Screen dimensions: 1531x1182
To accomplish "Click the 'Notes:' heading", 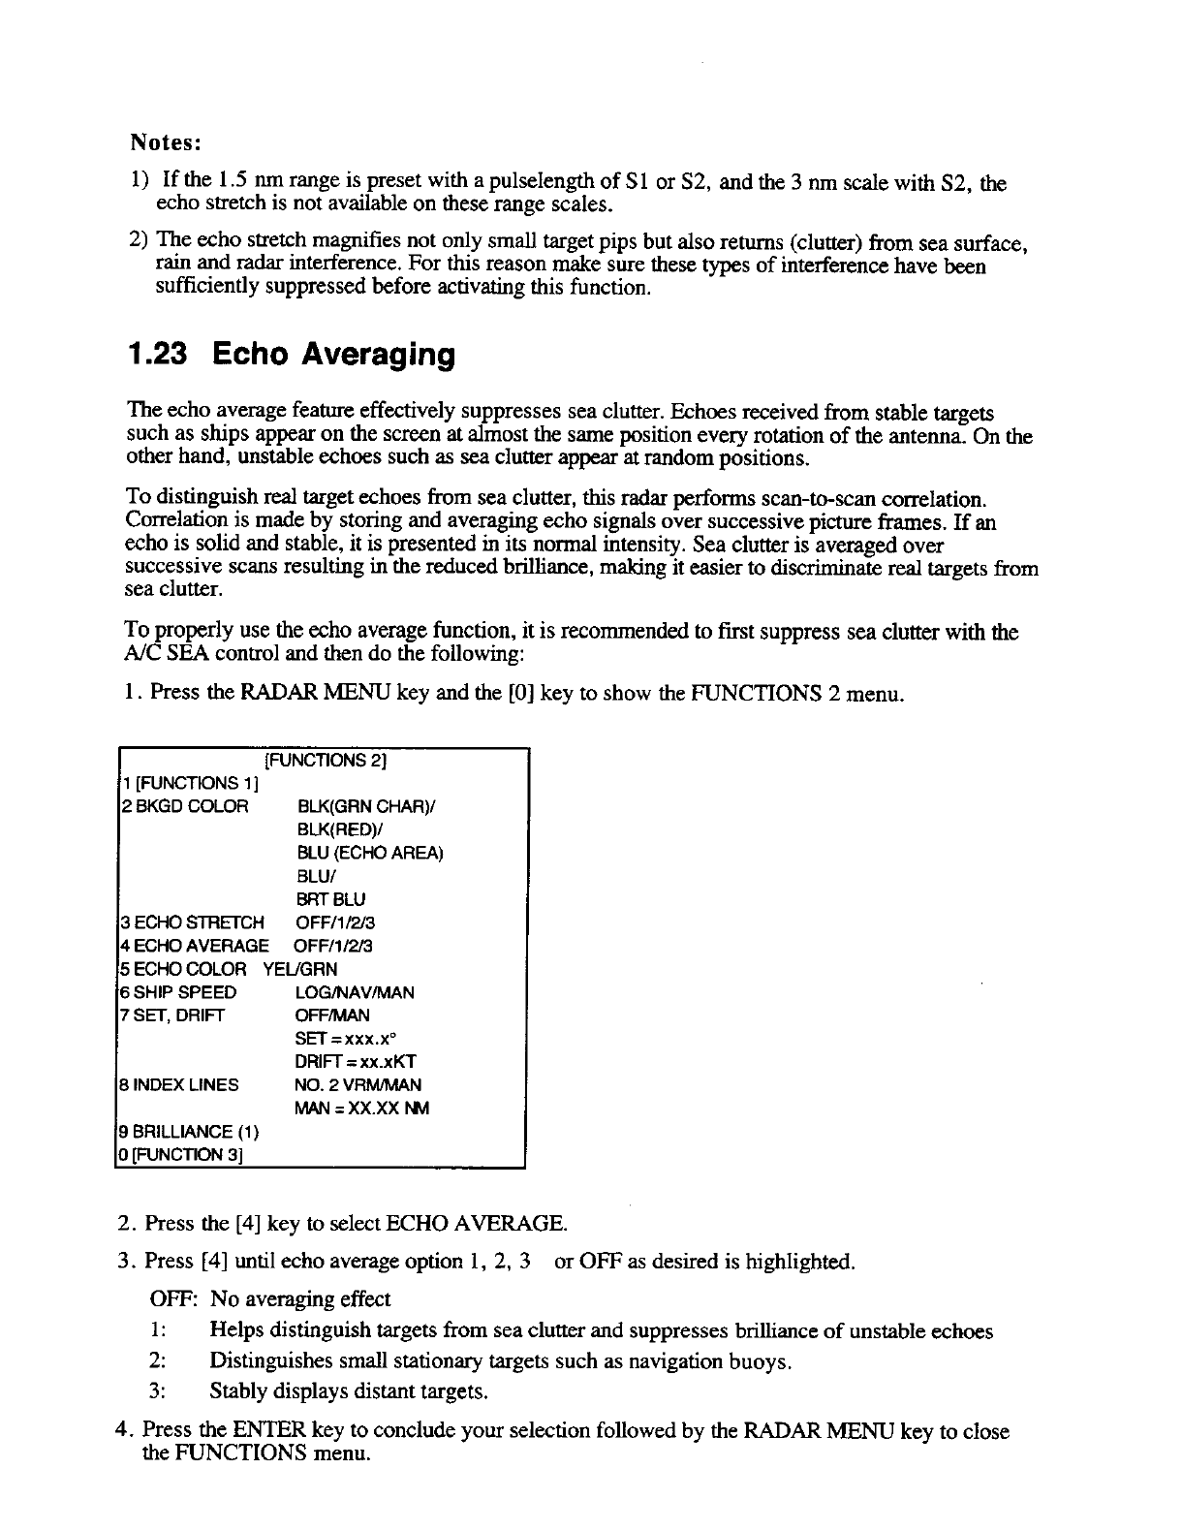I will pyautogui.click(x=166, y=142).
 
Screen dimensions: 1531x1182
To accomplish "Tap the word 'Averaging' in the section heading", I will pyautogui.click(x=379, y=356).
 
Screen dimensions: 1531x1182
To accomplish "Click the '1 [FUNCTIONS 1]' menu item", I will pyautogui.click(x=180, y=783).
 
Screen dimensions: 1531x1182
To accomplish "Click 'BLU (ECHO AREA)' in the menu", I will pyautogui.click(x=370, y=853).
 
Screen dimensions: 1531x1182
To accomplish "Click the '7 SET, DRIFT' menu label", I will pyautogui.click(x=172, y=1015).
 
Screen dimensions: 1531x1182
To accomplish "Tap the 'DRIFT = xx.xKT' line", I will pyautogui.click(x=356, y=1062).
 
